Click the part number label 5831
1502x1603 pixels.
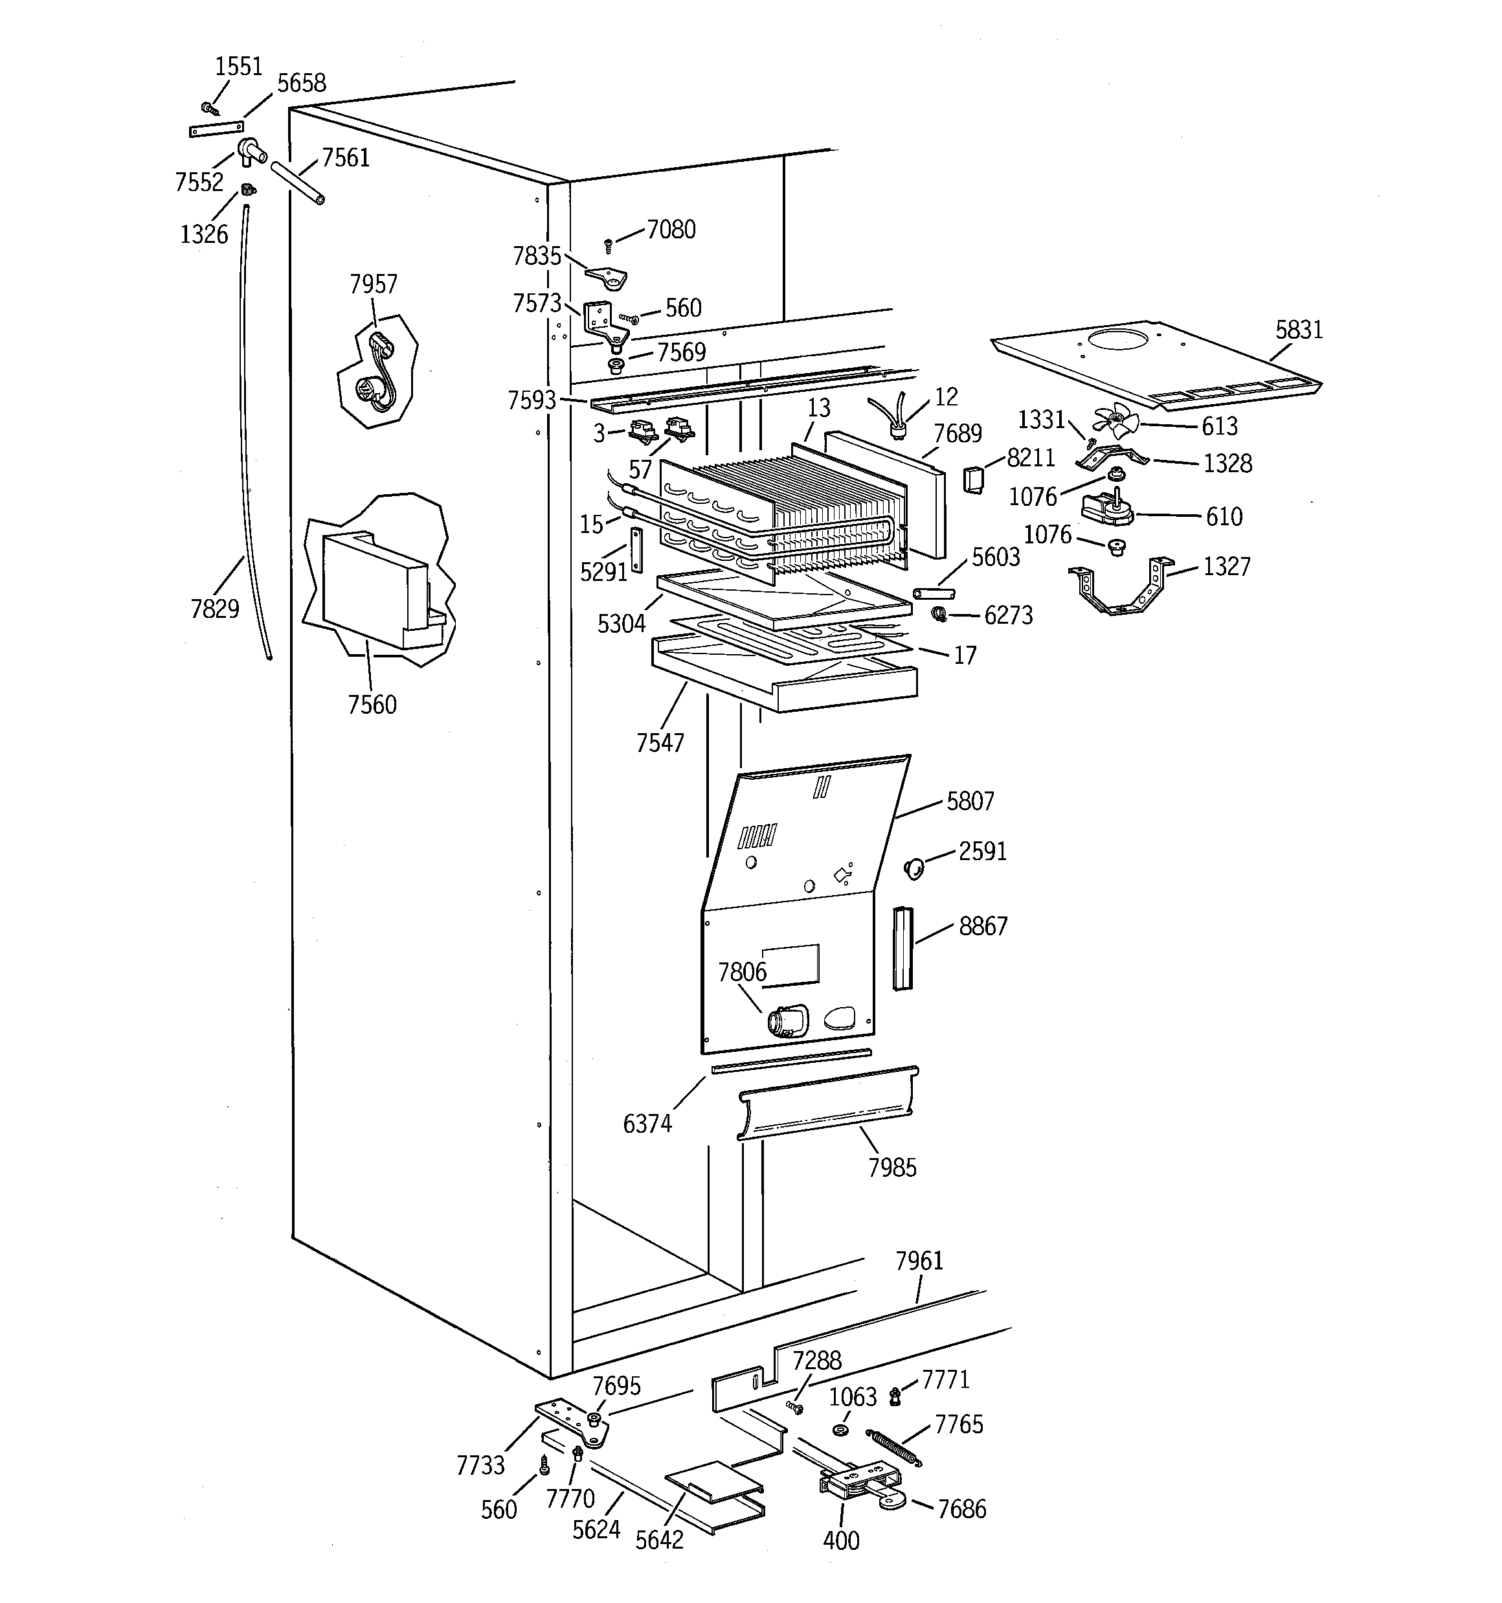(1299, 330)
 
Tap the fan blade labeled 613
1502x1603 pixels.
(1115, 421)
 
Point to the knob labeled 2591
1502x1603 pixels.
(914, 869)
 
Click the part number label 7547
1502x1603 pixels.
(660, 743)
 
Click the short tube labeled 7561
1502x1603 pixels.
(298, 184)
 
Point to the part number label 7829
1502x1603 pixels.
(214, 609)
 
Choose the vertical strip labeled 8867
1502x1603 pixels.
(902, 948)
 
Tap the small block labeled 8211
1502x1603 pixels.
(974, 481)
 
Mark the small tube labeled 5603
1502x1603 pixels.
(934, 593)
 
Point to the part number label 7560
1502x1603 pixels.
(372, 705)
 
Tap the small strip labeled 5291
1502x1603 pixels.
(637, 550)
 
